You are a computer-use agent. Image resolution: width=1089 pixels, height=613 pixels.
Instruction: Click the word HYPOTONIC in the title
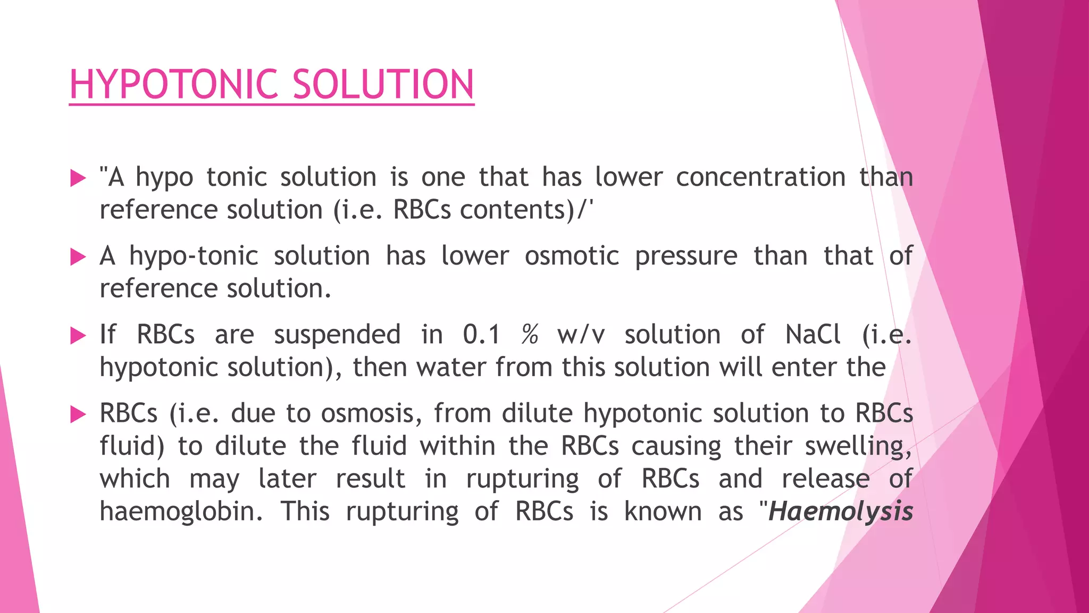[173, 85]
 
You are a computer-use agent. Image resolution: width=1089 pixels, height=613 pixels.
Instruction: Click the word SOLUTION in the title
[383, 85]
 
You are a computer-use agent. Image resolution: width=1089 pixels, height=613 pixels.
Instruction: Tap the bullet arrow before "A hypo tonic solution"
[78, 178]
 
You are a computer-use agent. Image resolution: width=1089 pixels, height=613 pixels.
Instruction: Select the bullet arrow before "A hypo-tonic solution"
[78, 257]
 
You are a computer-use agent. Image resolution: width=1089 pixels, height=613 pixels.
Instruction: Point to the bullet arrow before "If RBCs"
[78, 335]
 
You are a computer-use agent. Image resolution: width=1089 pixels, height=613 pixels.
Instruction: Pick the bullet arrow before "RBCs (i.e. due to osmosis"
[78, 414]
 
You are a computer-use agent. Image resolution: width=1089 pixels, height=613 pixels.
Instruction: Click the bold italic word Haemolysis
[841, 512]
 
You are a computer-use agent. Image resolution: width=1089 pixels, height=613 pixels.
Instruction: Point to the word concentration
[760, 178]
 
